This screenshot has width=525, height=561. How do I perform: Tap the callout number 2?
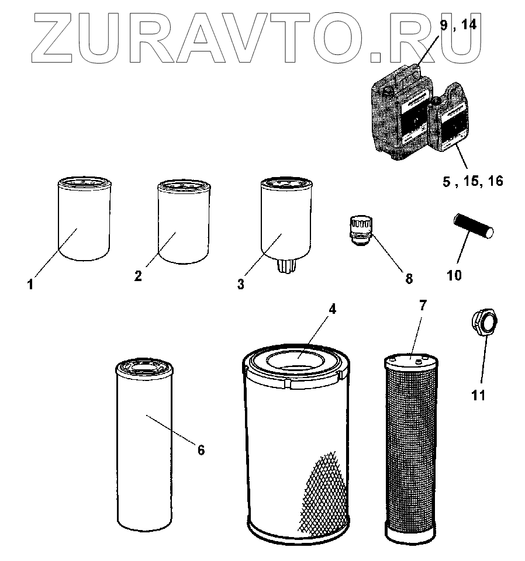pyautogui.click(x=138, y=276)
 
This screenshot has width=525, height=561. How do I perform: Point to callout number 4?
pyautogui.click(x=331, y=310)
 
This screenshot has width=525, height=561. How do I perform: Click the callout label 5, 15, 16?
pyautogui.click(x=472, y=181)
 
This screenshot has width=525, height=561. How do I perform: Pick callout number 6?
pyautogui.click(x=201, y=449)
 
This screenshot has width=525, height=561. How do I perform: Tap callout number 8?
pyautogui.click(x=408, y=278)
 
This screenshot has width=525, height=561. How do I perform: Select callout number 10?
pyautogui.click(x=454, y=274)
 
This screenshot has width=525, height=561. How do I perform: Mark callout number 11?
pyautogui.click(x=478, y=395)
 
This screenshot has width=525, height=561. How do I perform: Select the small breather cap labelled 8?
pyautogui.click(x=360, y=230)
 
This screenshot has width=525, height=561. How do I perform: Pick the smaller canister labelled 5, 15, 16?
pyautogui.click(x=451, y=120)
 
